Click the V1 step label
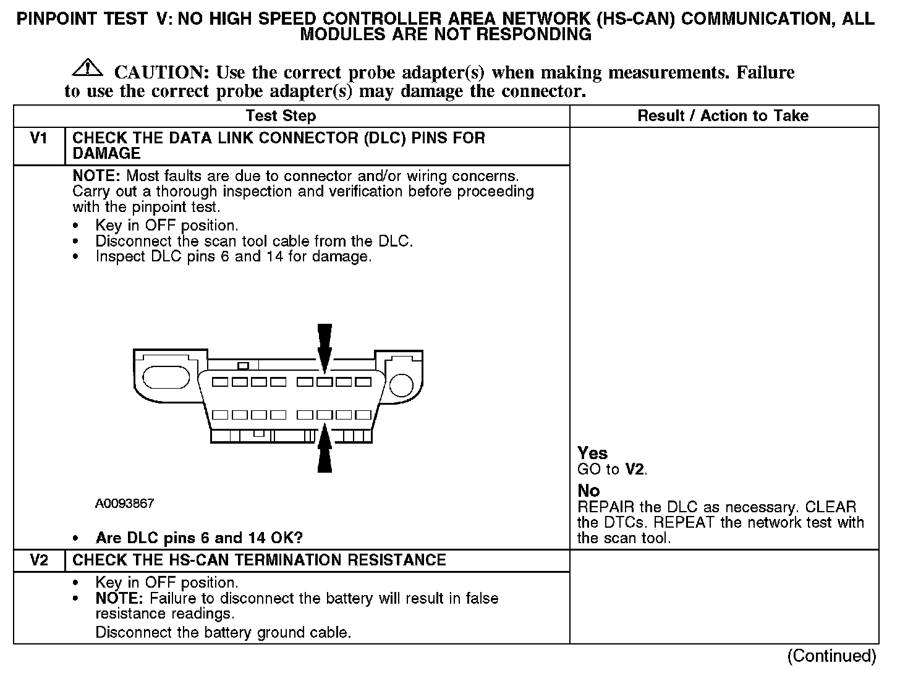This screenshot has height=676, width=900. tap(38, 138)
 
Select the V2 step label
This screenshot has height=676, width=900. tap(38, 560)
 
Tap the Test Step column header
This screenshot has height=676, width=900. tap(281, 116)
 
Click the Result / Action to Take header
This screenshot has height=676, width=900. tap(723, 116)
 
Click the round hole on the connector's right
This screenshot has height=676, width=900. tap(402, 384)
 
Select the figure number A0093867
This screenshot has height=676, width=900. tap(124, 504)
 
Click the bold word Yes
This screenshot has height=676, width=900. tap(592, 453)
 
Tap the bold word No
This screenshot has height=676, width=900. tap(588, 491)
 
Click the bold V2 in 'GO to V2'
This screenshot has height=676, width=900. tap(635, 469)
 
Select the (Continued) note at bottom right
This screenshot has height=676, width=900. tap(831, 656)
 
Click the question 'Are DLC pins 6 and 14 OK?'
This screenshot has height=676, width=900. tap(199, 538)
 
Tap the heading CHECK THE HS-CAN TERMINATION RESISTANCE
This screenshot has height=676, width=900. tap(259, 560)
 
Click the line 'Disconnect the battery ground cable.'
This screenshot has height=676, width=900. tap(223, 632)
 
